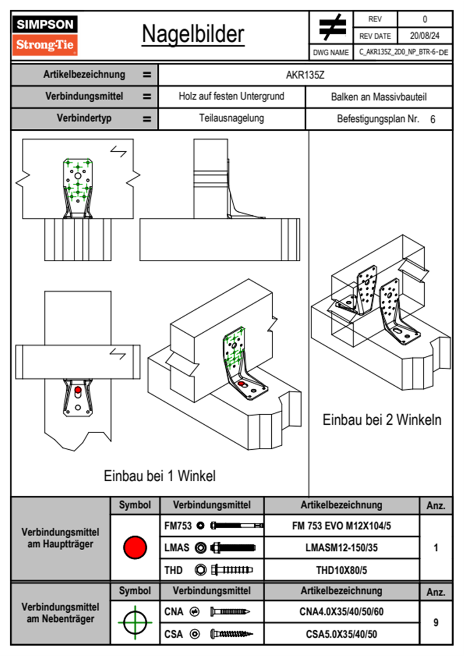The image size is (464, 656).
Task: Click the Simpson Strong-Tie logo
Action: tap(44, 35)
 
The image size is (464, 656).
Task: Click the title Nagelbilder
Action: tap(193, 34)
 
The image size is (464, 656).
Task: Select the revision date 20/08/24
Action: tap(424, 36)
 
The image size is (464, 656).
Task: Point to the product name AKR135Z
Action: tap(305, 75)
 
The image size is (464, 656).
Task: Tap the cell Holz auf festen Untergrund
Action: tap(231, 96)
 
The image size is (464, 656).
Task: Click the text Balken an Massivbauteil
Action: tap(379, 97)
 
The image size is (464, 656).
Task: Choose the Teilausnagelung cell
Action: tap(231, 118)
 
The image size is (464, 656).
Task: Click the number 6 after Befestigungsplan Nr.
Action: tap(432, 119)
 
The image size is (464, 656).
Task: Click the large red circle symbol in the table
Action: tap(135, 547)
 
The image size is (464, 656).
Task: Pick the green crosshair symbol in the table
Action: tap(135, 622)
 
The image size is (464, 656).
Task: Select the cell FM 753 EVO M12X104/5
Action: tap(341, 526)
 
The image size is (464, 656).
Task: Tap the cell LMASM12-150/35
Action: tap(341, 548)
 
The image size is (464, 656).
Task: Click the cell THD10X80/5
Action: tap(341, 570)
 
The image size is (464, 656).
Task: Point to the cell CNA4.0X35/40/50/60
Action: tap(341, 612)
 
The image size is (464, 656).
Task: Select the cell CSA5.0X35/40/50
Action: tap(341, 634)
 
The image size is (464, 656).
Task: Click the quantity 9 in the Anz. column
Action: tap(436, 622)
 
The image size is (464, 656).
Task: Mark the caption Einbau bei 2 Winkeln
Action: tap(382, 420)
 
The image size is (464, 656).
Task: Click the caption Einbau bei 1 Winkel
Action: tap(159, 476)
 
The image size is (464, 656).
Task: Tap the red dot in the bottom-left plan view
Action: tap(78, 390)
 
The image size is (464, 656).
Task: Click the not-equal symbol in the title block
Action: tap(331, 27)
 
